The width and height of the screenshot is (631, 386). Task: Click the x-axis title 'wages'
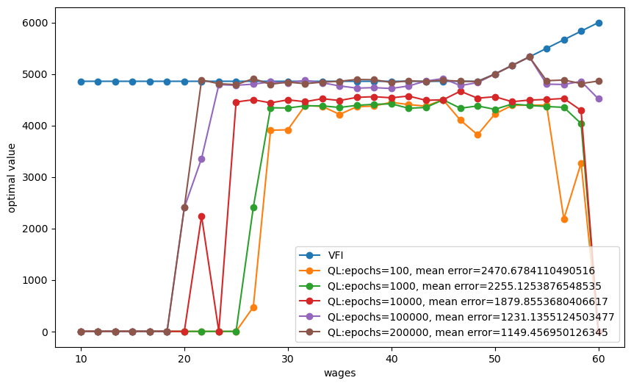tap(340, 374)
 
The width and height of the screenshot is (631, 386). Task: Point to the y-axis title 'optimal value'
tap(12, 176)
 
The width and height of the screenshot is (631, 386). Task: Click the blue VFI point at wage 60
tap(599, 23)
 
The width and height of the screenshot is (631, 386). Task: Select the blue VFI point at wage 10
tap(81, 82)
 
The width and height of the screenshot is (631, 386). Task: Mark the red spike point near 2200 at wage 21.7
tap(201, 216)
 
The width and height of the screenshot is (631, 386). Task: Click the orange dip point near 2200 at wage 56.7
tap(564, 219)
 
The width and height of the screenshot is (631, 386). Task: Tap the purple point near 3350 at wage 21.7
tap(201, 159)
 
